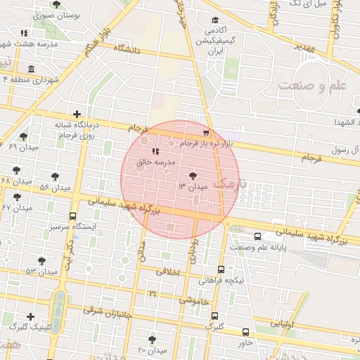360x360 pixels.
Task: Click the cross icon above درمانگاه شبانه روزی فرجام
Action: pyautogui.click(x=77, y=114)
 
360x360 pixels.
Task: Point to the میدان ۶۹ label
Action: pyautogui.click(x=22, y=146)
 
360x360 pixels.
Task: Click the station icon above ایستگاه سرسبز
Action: pyautogui.click(x=73, y=217)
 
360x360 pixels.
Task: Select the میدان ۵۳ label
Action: pyautogui.click(x=41, y=271)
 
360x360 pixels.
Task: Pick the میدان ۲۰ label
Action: pyautogui.click(x=151, y=349)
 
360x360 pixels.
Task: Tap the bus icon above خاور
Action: pyautogui.click(x=245, y=333)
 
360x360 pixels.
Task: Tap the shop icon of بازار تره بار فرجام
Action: pyautogui.click(x=205, y=133)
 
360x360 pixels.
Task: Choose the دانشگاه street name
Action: pyautogui.click(x=124, y=50)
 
